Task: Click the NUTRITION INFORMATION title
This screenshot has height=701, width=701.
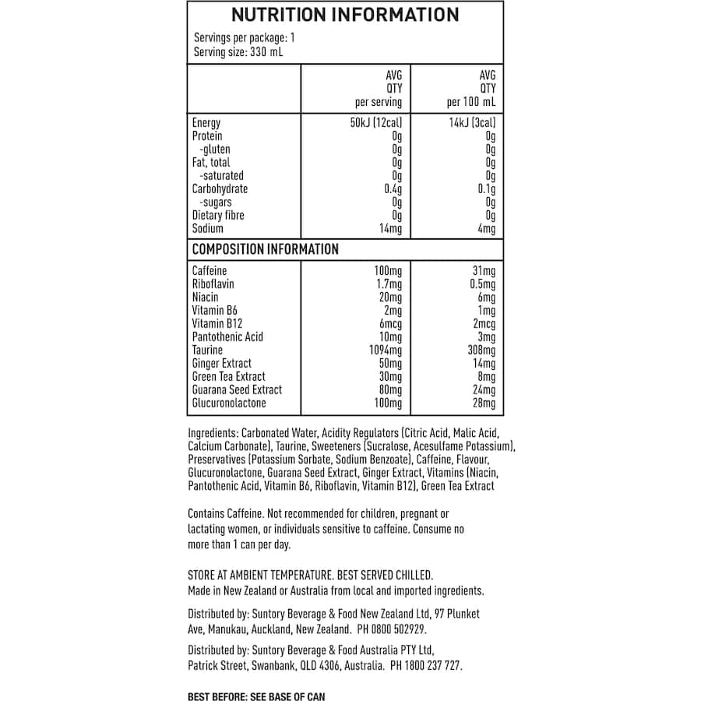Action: pos(345,15)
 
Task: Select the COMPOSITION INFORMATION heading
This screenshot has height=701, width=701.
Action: pos(265,250)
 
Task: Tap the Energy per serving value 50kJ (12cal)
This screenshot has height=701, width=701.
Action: pos(376,123)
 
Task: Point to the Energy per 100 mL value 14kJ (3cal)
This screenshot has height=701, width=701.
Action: pos(472,123)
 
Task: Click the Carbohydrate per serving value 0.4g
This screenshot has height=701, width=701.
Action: pos(393,189)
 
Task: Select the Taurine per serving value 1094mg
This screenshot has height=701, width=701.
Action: pos(386,350)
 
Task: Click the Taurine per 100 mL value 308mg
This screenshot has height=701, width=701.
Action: pos(481,350)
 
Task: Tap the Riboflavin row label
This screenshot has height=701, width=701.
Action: pos(213,284)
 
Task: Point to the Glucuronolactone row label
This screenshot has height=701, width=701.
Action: pos(229,403)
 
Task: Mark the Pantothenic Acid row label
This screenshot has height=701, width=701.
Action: pos(227,336)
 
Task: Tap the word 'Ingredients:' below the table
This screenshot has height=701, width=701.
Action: pos(213,433)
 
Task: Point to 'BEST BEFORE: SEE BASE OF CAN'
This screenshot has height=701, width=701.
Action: pos(256,696)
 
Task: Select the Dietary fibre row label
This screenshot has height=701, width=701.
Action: pos(217,216)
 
